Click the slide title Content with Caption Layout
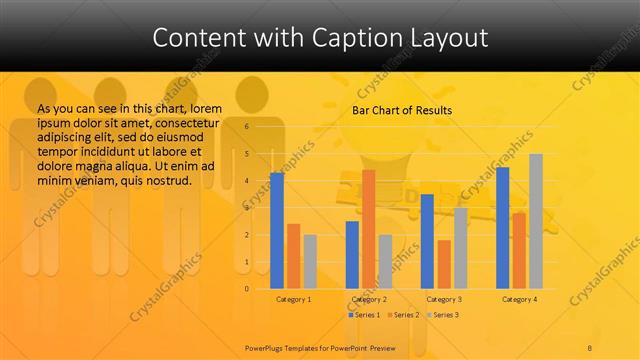click(x=320, y=38)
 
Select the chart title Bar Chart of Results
click(x=402, y=110)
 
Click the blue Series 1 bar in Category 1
click(x=277, y=231)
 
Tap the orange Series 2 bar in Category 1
click(x=293, y=256)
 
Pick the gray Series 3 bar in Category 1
click(x=310, y=262)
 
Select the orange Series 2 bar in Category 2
click(x=368, y=229)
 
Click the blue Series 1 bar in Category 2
click(x=352, y=255)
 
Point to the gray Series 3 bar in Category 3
click(x=460, y=248)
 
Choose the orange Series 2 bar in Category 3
click(x=444, y=264)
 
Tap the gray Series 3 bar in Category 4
click(x=536, y=221)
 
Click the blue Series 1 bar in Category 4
click(x=502, y=228)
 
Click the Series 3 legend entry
click(x=443, y=315)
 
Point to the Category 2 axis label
click(x=368, y=299)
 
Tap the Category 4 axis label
click(x=519, y=299)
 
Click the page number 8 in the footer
click(x=590, y=346)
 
